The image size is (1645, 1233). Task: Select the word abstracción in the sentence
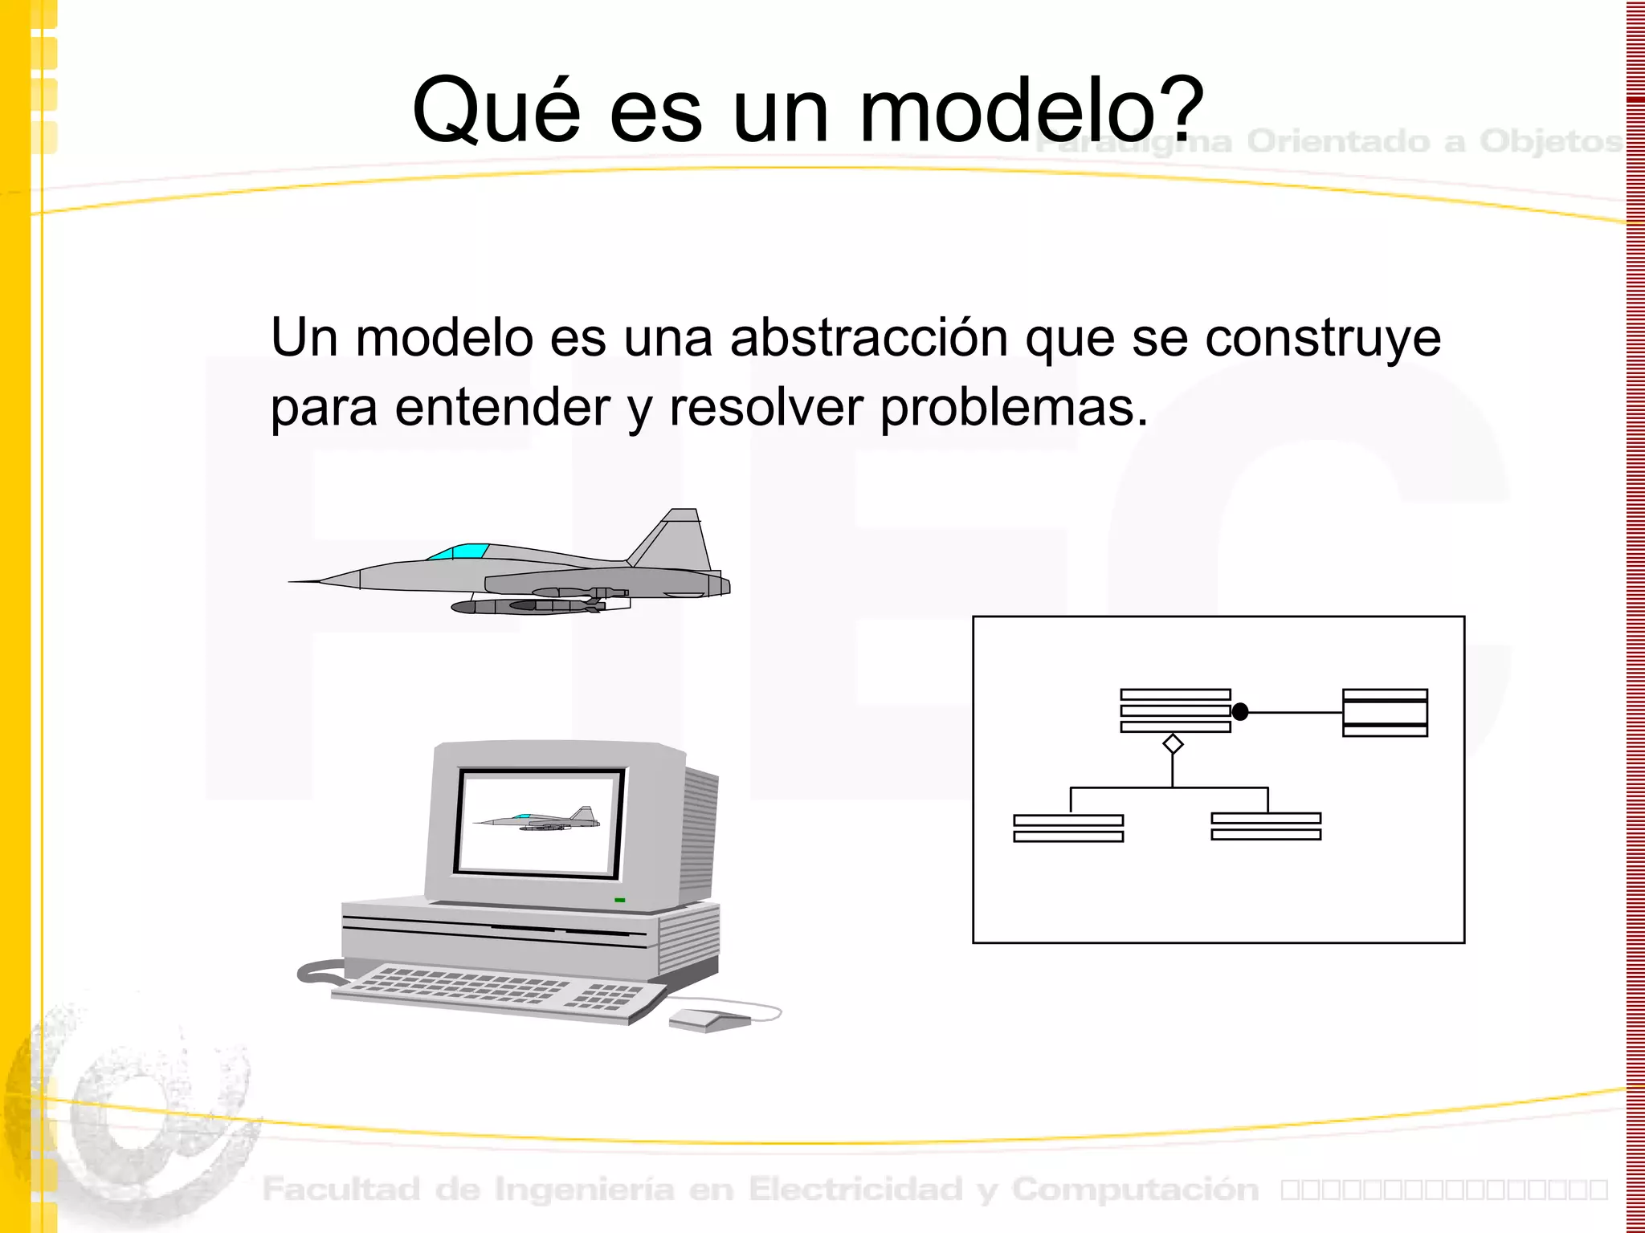(x=868, y=338)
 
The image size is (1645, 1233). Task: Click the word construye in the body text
(x=1323, y=338)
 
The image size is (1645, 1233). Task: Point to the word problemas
(x=1014, y=408)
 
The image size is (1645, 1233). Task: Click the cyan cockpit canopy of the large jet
(x=459, y=551)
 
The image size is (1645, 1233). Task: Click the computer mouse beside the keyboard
(x=708, y=1019)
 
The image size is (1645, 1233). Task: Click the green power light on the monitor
(x=619, y=900)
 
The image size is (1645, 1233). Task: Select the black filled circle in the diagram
(x=1240, y=712)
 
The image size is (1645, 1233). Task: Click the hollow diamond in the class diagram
(x=1173, y=744)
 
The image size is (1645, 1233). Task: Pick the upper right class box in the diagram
(x=1385, y=712)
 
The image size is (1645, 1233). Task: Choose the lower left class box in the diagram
(x=1068, y=828)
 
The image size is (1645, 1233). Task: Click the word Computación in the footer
(x=1135, y=1190)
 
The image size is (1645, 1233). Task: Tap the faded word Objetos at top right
(x=1550, y=141)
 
